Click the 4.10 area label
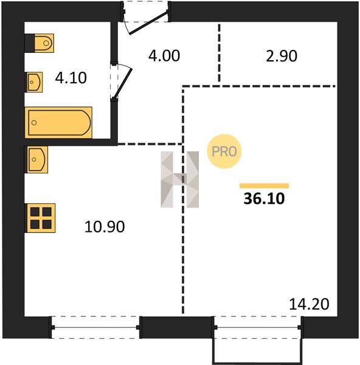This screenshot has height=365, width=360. point(71,78)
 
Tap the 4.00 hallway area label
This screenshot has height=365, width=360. point(164,56)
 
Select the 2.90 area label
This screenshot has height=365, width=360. point(282,56)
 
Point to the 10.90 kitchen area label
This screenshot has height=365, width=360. point(105,227)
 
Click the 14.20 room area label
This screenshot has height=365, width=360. point(309,304)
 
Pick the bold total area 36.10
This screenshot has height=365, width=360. point(264,199)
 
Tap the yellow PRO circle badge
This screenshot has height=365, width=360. point(224,151)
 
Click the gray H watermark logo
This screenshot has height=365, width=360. point(179,179)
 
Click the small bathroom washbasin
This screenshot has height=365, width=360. point(34,82)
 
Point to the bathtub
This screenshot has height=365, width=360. point(58,122)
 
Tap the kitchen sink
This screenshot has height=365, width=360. point(36,159)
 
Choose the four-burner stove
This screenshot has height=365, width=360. point(40,218)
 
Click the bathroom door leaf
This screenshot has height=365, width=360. point(123,83)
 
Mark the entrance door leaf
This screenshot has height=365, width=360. point(148,23)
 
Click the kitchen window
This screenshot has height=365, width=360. point(95,327)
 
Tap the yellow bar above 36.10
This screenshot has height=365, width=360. point(265,186)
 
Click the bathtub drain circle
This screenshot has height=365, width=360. point(34,123)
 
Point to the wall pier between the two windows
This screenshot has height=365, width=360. point(177,327)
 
